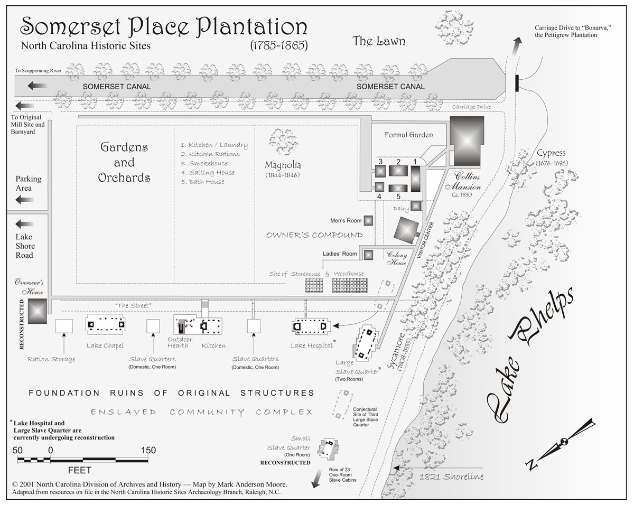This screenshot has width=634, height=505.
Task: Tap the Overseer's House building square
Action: [37, 311]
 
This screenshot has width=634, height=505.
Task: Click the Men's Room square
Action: [368, 221]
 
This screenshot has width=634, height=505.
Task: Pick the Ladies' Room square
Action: [368, 255]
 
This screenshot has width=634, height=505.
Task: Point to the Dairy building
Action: [416, 206]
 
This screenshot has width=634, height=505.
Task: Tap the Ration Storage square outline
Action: [64, 326]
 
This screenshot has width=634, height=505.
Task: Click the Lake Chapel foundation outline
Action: [105, 324]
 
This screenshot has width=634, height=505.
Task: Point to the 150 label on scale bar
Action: [148, 450]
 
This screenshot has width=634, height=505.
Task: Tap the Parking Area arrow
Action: [25, 200]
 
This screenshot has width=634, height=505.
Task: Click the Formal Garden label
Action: [409, 135]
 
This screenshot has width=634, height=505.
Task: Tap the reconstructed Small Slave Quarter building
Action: [330, 450]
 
